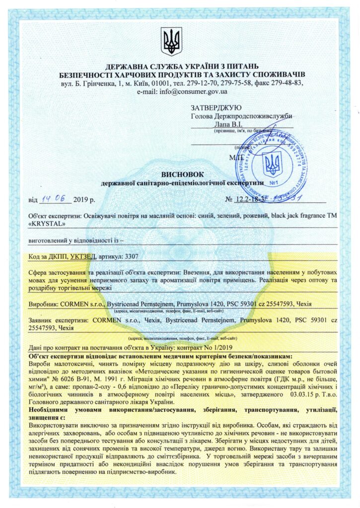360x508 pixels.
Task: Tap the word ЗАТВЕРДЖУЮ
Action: pyautogui.click(x=216, y=108)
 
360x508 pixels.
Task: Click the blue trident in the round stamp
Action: pyautogui.click(x=272, y=163)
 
